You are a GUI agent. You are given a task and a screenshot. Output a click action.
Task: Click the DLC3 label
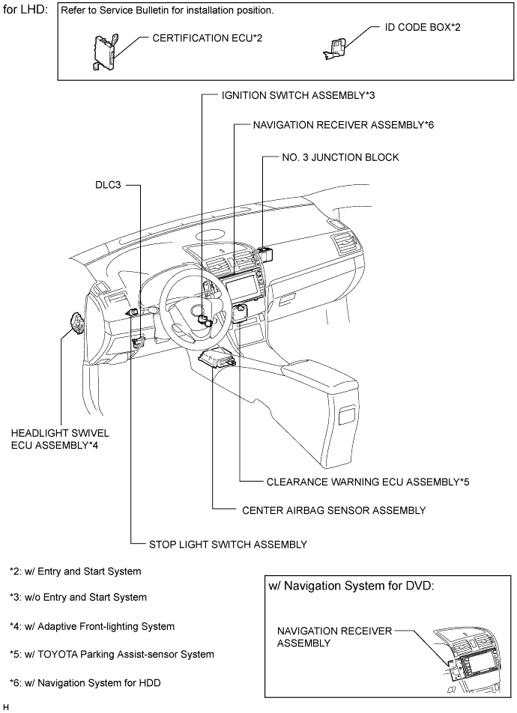(x=108, y=184)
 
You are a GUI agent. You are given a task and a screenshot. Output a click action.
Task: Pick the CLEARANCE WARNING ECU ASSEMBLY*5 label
(x=368, y=482)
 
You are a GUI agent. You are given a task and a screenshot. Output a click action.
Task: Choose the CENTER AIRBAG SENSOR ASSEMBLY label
(x=334, y=510)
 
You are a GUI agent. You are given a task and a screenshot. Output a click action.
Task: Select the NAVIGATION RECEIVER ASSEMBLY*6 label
(x=344, y=126)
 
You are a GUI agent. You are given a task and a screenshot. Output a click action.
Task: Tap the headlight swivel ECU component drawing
(x=77, y=323)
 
